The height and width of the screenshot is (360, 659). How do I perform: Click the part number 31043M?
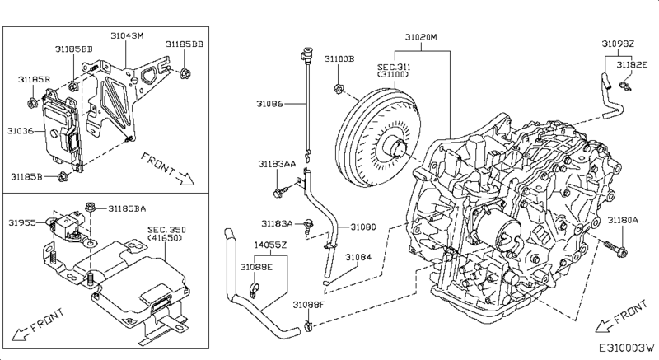pos(127,35)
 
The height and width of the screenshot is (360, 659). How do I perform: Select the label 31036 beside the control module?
pos(20,131)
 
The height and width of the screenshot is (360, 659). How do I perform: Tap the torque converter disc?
pos(377,138)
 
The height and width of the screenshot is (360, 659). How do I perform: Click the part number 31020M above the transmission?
pos(421,37)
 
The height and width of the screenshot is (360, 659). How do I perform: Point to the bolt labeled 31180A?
pos(615,249)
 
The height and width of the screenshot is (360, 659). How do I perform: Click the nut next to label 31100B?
pos(339,89)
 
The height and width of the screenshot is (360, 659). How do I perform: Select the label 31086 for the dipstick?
pos(270,103)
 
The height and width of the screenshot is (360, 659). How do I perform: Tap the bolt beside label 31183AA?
pos(280,192)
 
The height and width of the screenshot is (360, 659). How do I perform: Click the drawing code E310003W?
pos(627,348)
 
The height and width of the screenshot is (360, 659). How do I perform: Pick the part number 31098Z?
pos(617,44)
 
